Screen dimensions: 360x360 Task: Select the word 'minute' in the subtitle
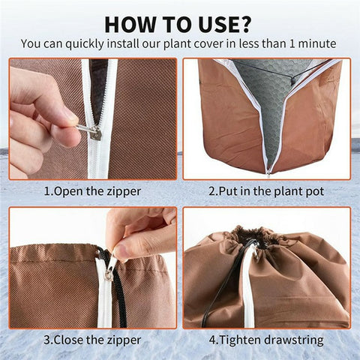320,44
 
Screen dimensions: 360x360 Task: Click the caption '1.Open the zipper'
92,191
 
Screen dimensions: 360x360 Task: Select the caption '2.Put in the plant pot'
266,191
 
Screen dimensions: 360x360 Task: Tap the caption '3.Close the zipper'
92,340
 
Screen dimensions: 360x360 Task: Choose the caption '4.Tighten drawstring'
266,340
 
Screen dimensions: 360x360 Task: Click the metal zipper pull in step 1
91,132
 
